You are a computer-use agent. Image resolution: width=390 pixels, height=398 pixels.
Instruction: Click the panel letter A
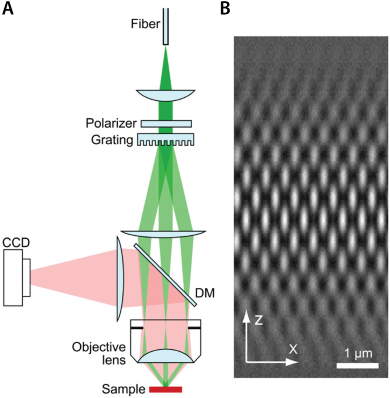click(8, 8)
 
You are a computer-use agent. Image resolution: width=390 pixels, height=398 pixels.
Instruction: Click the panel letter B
click(225, 8)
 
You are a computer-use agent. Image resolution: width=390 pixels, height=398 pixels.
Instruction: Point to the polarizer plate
click(166, 123)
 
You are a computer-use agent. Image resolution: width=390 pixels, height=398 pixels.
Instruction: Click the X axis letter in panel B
click(293, 349)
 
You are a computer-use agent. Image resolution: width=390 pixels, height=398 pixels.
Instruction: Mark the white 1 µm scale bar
click(357, 365)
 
